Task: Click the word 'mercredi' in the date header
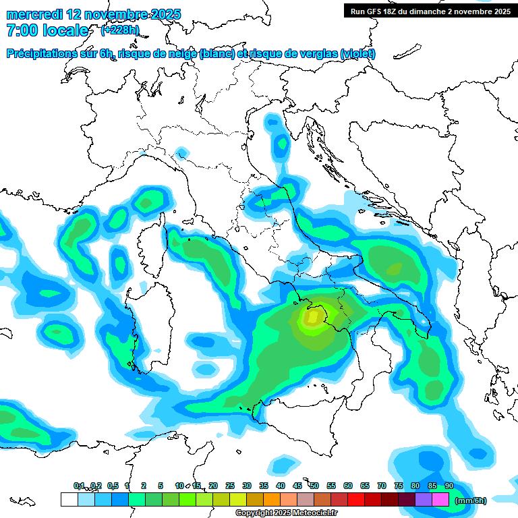tap(32, 14)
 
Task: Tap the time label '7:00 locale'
tap(47, 30)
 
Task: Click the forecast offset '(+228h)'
tap(120, 30)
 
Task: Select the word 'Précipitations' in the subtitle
tap(45, 54)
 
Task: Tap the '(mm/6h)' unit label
tap(471, 500)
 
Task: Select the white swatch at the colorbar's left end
tap(69, 500)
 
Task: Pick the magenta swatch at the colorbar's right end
tap(440, 500)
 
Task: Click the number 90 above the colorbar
tap(449, 486)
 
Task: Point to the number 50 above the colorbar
tap(314, 486)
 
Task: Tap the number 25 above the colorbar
tap(230, 486)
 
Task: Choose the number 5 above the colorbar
tap(161, 486)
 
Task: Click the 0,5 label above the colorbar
tap(113, 486)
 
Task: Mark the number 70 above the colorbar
tap(382, 486)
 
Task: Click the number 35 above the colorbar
tap(264, 486)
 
